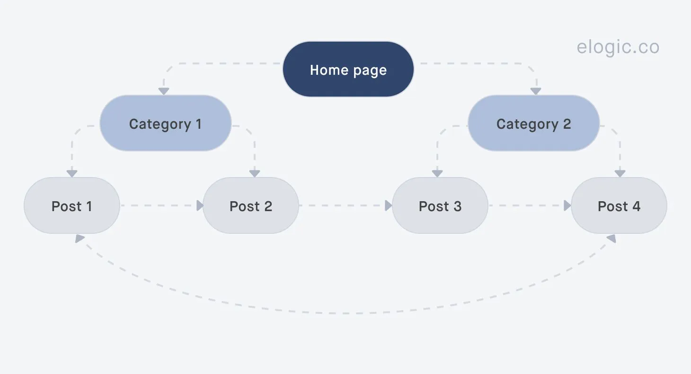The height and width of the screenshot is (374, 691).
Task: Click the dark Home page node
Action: pos(348,70)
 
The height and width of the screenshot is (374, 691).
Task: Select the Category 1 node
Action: pos(165,124)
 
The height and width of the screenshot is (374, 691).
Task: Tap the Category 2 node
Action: pos(533,124)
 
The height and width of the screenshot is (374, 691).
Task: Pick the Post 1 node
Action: pos(71,206)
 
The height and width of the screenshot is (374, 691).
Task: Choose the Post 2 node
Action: pos(250,206)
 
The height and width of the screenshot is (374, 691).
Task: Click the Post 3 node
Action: pos(440,206)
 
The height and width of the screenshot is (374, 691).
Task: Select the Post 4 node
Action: pos(619,206)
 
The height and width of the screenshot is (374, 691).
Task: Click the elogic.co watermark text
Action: pos(618,47)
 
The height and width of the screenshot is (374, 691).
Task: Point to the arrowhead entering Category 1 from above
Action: pos(164,91)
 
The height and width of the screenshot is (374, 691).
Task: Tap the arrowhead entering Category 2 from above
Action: pos(535,91)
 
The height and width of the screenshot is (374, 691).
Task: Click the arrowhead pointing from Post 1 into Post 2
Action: pos(200,205)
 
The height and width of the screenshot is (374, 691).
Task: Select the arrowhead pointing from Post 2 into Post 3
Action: pos(389,205)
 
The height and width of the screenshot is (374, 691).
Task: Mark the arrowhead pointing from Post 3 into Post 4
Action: pos(567,205)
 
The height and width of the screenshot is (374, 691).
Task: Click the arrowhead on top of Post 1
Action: pos(72,173)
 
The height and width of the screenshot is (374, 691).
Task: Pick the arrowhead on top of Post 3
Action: pos(437,173)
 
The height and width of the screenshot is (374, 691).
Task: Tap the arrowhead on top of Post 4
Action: pos(620,173)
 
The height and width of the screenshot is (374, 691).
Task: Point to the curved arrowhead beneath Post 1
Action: pos(80,239)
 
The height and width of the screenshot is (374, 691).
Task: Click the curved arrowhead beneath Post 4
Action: pos(611,239)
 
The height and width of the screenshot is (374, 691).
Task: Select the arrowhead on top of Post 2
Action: pos(255,173)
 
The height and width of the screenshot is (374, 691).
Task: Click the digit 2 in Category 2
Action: pos(567,124)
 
